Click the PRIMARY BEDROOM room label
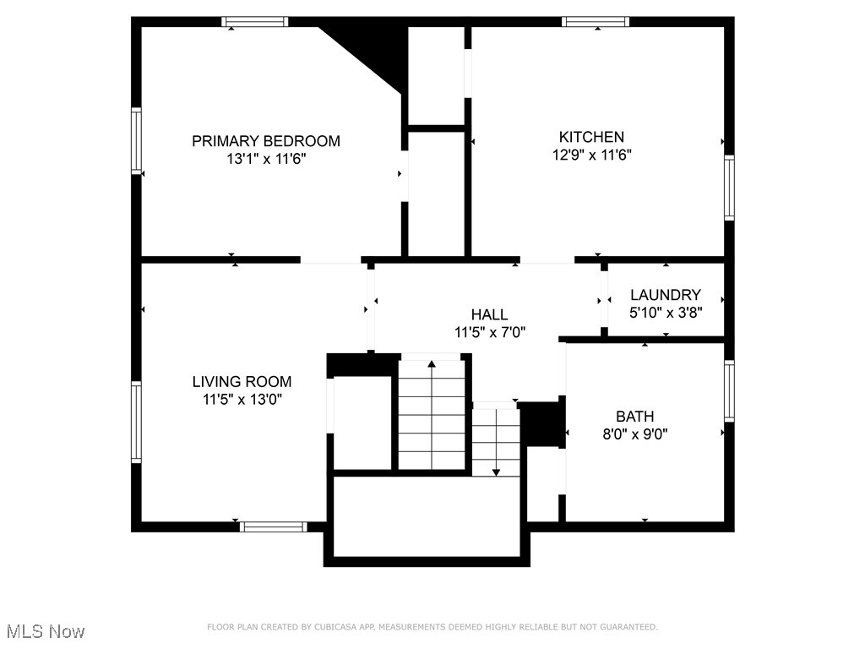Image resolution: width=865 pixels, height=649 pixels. [x=265, y=141]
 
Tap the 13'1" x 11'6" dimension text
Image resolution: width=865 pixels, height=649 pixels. [x=265, y=159]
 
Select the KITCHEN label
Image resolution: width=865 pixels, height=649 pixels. [x=591, y=137]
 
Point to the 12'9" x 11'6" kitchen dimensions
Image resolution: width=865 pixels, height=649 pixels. [x=591, y=155]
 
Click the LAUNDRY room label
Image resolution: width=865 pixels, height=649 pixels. [x=666, y=295]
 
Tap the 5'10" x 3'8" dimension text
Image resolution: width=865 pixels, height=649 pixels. [x=666, y=311]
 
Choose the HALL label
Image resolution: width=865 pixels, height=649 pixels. [x=490, y=315]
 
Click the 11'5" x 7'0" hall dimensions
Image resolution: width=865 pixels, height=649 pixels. [x=490, y=332]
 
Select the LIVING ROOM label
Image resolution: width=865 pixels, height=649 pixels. [x=242, y=382]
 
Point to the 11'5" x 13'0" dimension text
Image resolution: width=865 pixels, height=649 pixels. [x=242, y=400]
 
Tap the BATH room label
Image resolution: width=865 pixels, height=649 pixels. [x=634, y=417]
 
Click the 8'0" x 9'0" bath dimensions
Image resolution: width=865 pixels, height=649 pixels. [x=634, y=434]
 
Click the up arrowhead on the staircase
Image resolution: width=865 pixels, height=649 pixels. [x=432, y=364]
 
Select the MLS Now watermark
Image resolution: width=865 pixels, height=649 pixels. [x=46, y=631]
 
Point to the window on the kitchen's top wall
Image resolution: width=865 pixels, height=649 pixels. [x=596, y=22]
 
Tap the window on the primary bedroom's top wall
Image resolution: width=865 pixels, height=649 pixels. [x=255, y=22]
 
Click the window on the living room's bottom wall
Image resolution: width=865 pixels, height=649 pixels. [x=273, y=526]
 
